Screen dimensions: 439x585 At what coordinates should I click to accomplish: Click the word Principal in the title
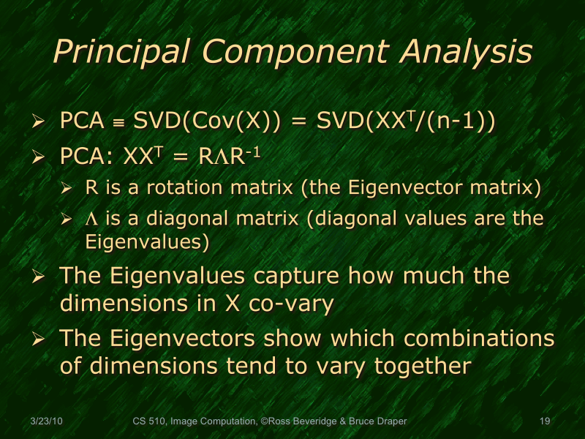(119, 52)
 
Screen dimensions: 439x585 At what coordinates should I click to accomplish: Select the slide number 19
(544, 421)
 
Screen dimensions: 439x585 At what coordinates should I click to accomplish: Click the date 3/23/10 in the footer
(46, 421)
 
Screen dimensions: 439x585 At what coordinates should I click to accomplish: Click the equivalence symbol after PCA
(116, 123)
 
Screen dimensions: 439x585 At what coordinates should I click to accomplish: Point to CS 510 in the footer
(148, 421)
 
